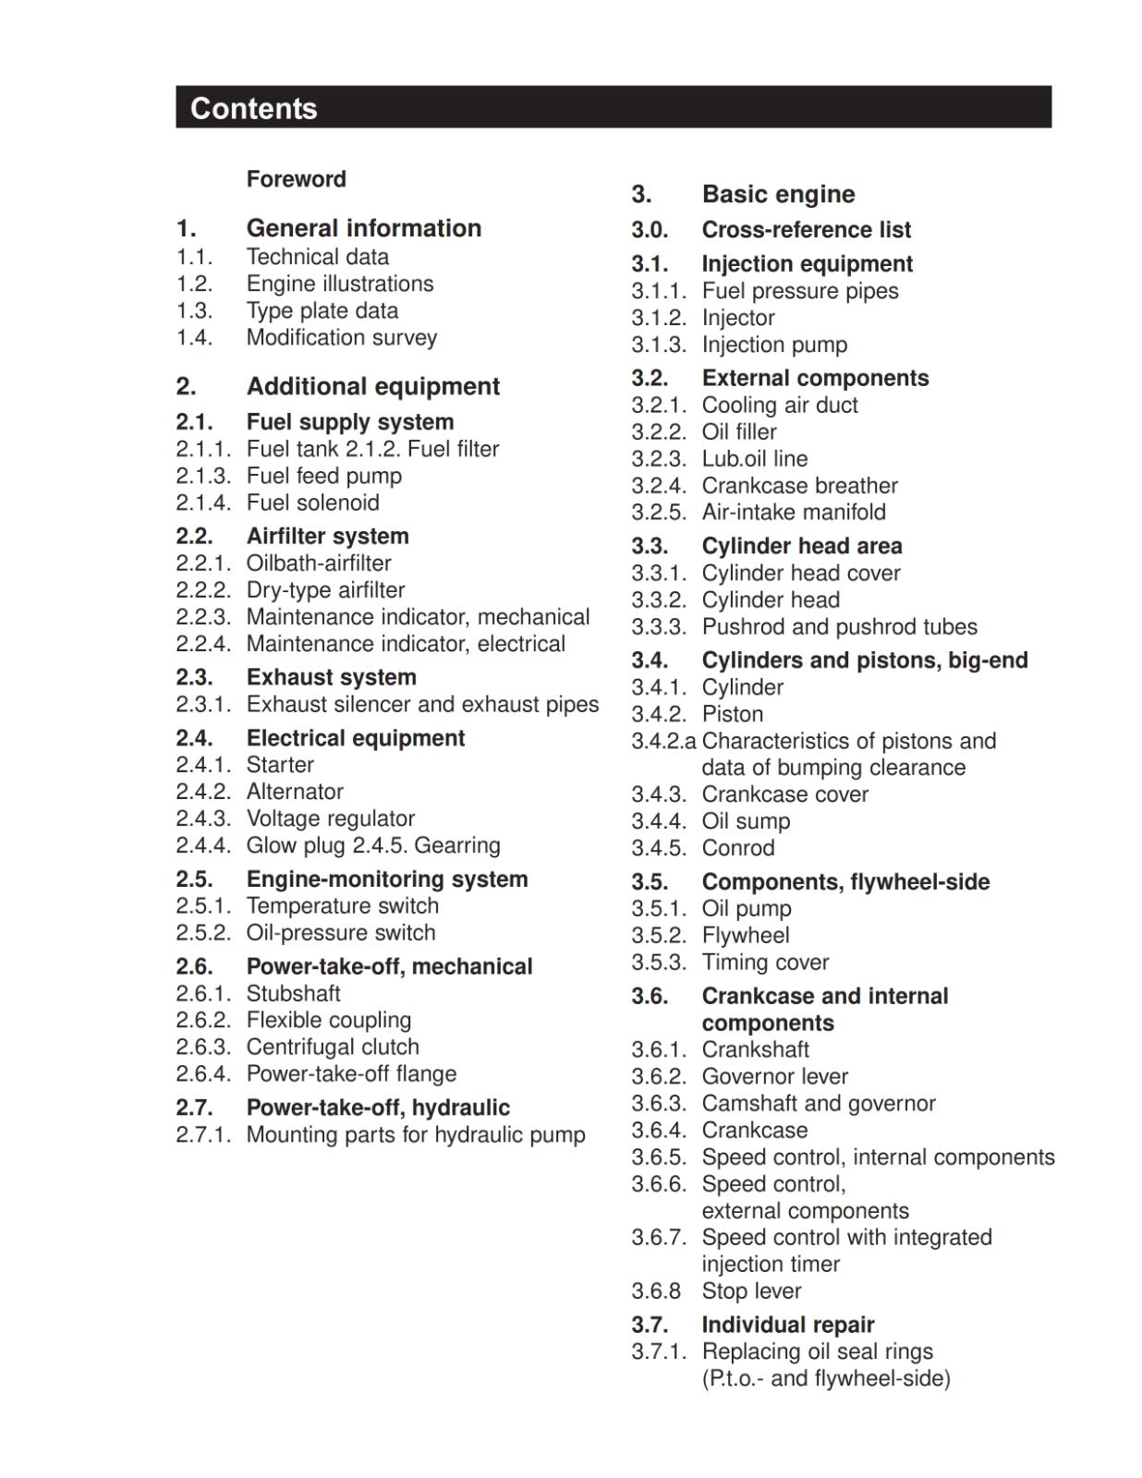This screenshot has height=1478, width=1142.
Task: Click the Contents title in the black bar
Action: coord(254,108)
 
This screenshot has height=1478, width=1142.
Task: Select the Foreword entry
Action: coord(296,179)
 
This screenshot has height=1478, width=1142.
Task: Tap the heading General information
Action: coord(363,228)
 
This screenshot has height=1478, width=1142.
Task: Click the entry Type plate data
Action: coord(322,310)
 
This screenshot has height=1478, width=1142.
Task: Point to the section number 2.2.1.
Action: coord(203,563)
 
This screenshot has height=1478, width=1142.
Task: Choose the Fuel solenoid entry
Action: coord(312,503)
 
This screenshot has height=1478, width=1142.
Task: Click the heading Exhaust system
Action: coord(331,677)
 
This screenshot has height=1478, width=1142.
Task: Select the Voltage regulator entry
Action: coord(330,818)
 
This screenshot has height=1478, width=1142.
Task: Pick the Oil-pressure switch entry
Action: coord(340,933)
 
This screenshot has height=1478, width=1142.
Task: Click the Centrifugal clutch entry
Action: coord(333,1047)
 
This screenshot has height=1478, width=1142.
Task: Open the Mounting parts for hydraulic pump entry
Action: coord(416,1134)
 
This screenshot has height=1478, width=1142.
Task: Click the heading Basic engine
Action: coord(778,194)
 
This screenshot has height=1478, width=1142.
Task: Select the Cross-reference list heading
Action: coord(806,230)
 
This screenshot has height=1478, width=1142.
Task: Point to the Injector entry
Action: coord(738,318)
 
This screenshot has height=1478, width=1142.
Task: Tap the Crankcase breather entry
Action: coord(799,486)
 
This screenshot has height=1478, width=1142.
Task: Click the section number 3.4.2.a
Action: coord(663,741)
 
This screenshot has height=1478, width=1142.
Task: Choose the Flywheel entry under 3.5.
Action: coord(746,935)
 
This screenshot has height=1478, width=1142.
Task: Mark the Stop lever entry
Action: coord(751,1290)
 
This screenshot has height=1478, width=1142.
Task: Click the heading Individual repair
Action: coord(787,1325)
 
